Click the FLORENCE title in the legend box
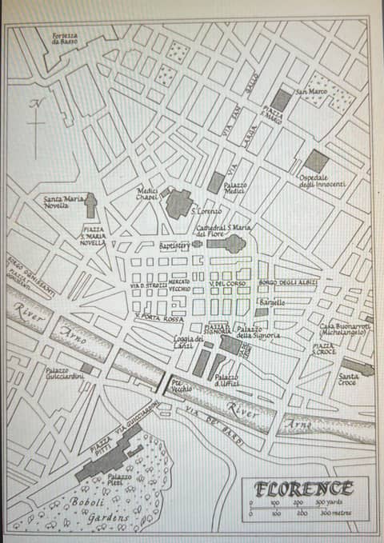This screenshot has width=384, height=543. (305, 488)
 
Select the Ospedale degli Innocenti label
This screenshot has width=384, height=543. (322, 182)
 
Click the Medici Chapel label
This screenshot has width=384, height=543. (147, 194)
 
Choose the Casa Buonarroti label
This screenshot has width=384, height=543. (344, 329)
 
